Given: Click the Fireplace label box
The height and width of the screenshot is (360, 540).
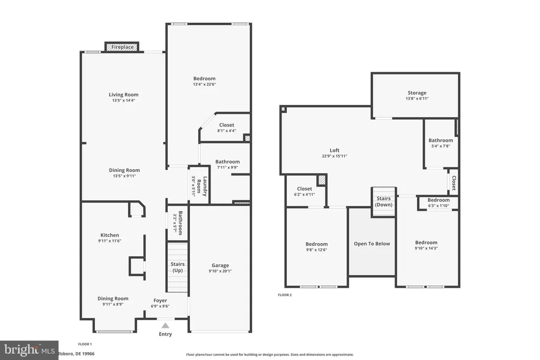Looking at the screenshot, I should (x=122, y=47).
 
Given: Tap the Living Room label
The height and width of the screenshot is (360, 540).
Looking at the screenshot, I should (x=124, y=95).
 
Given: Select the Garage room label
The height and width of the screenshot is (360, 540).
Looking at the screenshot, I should (x=220, y=265).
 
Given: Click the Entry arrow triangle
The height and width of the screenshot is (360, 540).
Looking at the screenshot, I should (x=166, y=326).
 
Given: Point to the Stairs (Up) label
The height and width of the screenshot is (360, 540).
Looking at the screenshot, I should (x=177, y=267).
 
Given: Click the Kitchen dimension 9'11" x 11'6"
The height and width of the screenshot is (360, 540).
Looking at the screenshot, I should (x=110, y=241).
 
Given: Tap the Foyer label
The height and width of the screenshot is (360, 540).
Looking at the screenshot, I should (x=160, y=300).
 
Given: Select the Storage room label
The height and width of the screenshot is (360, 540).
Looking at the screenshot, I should (x=417, y=93).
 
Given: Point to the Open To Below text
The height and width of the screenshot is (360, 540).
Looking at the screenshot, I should (x=372, y=244).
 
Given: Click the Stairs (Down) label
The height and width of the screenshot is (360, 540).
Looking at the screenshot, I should (x=384, y=201).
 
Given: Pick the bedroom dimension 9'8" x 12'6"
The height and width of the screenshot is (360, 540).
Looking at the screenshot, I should (x=316, y=250).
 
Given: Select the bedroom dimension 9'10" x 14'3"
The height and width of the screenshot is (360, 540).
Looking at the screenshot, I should (x=426, y=248).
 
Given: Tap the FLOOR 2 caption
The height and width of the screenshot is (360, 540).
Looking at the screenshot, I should (x=285, y=295).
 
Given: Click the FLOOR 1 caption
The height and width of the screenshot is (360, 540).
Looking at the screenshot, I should (x=85, y=344).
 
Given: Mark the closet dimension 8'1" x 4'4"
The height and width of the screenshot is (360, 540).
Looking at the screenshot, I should (x=227, y=131).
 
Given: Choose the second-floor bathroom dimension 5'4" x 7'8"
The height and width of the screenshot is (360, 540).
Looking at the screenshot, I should (x=440, y=146).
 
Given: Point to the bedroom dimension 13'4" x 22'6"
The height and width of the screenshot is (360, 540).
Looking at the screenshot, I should (x=204, y=84).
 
